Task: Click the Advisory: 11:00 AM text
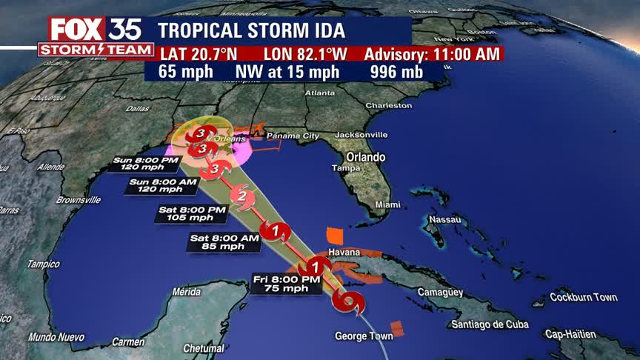click(x=431, y=55)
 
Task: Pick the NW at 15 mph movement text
click(x=287, y=72)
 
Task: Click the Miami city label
click(x=387, y=204)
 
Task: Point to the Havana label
click(x=343, y=253)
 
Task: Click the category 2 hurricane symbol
click(x=241, y=196)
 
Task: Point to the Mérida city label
click(x=186, y=292)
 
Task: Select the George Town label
click(x=364, y=336)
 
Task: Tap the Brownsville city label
click(x=78, y=200)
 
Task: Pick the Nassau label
click(x=447, y=220)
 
